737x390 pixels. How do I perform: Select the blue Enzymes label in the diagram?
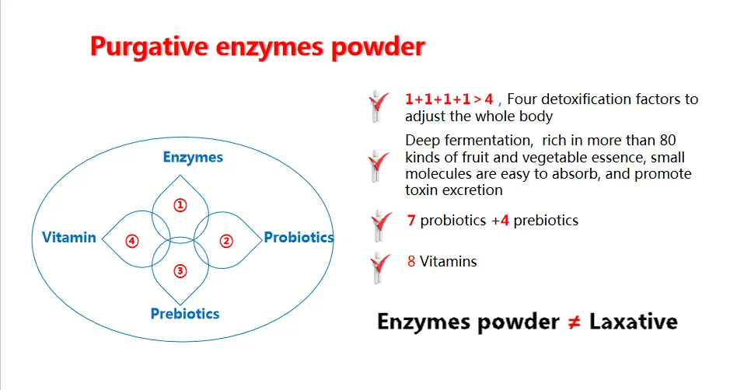pos(193,158)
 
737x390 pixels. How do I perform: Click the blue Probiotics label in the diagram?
pos(299,237)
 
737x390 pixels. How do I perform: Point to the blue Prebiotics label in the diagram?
pos(185,314)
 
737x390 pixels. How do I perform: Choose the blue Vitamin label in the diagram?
pos(69,237)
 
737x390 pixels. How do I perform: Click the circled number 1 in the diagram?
pos(180,205)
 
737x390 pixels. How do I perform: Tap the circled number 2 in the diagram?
pos(226,241)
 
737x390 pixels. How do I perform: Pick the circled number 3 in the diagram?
pos(180,271)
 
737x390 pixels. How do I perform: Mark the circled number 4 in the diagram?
pos(132,241)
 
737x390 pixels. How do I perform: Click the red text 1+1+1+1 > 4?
pos(449,99)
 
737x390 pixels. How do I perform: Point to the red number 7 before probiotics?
pos(410,221)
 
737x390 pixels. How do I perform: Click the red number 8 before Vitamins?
pos(410,262)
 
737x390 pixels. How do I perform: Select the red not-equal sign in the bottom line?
pos(574,322)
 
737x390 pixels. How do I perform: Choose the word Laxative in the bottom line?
pos(633,322)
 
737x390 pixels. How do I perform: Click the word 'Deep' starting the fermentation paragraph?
pos(421,141)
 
